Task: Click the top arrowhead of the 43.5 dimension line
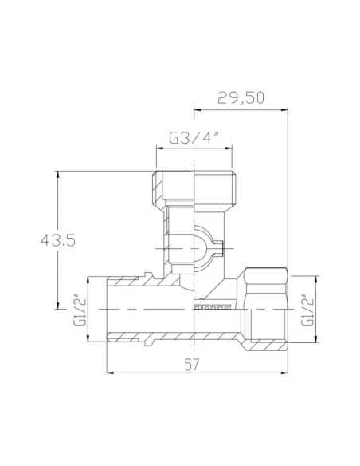(57, 172)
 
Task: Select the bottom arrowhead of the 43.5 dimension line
(57, 306)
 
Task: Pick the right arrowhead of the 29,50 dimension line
(287, 108)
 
